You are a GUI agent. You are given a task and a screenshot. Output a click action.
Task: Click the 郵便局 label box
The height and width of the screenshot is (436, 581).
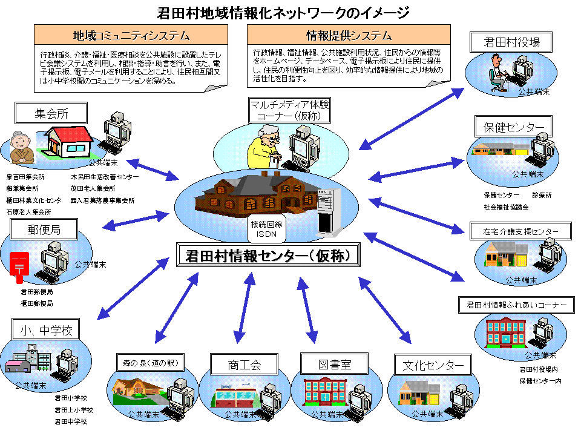44,230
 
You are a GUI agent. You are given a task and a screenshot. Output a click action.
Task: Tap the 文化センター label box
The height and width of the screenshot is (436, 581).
433,365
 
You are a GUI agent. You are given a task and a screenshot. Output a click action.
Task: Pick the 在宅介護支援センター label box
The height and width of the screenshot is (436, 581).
520,231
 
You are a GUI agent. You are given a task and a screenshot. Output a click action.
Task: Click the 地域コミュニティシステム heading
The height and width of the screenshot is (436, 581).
131,35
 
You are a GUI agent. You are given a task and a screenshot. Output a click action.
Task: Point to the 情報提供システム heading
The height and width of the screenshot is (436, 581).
349,35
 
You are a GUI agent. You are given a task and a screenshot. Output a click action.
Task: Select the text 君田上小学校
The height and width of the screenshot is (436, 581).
71,410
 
